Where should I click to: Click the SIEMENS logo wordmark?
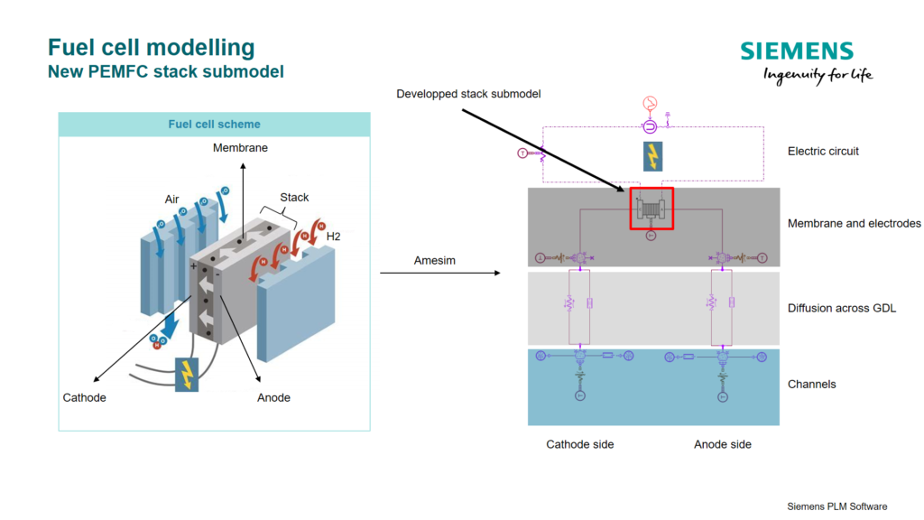796,51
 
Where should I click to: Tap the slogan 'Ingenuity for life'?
818,75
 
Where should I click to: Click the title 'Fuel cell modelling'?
152,47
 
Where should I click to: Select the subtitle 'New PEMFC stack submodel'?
166,71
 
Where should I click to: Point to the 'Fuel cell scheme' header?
214,125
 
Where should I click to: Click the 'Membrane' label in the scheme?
240,147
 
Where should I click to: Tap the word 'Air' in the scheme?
172,199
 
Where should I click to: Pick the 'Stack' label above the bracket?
294,197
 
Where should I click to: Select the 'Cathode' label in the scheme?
84,398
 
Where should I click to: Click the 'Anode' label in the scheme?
273,398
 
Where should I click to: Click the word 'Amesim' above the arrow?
434,261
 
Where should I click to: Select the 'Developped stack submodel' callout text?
468,94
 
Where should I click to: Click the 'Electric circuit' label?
823,151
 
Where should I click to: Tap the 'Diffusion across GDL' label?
841,309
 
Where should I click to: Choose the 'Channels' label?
811,385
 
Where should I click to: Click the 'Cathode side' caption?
579,444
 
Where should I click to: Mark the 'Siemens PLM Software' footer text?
836,506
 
